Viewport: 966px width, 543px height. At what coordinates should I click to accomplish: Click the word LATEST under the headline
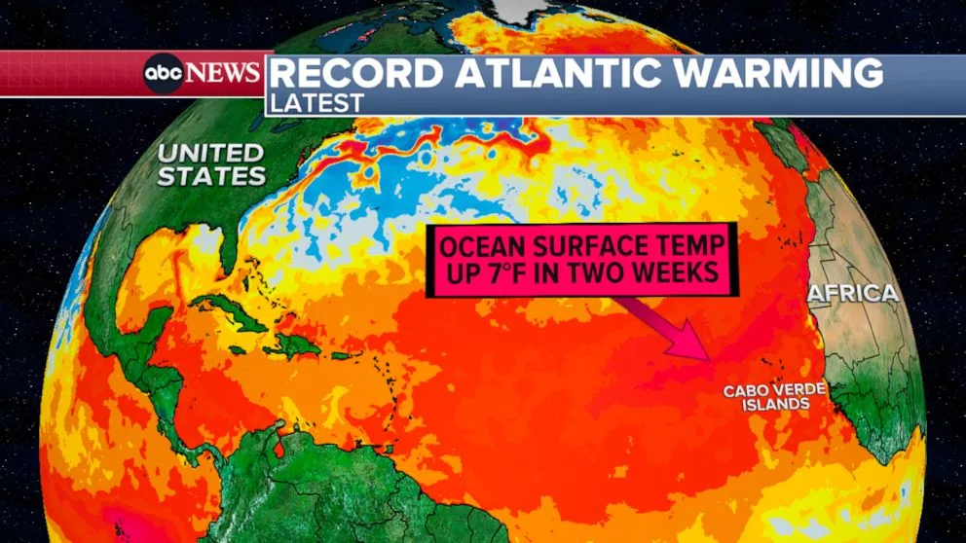[x=318, y=102]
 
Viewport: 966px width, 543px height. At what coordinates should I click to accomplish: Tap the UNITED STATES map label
[x=211, y=164]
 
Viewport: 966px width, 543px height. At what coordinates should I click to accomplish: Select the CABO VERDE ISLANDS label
[x=766, y=397]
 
